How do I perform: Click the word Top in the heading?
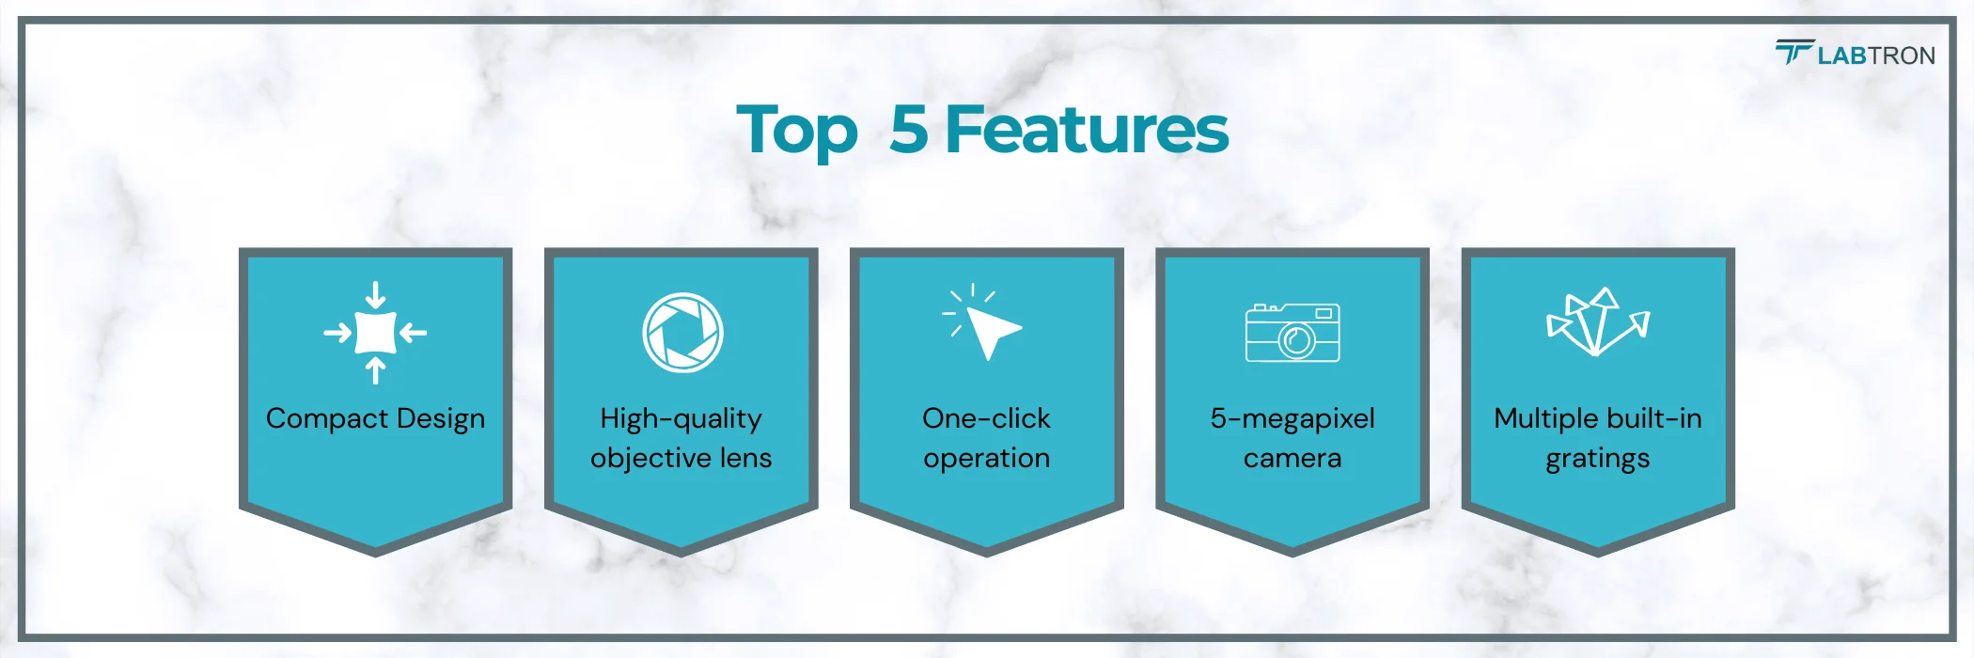(x=797, y=131)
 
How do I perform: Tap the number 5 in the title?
(x=909, y=129)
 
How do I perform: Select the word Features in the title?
(x=1087, y=129)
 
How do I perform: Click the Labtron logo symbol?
(x=1794, y=52)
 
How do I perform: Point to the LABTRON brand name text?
(x=1876, y=55)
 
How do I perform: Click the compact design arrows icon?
(x=375, y=333)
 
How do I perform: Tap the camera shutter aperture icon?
(x=682, y=333)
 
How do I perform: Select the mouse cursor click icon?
(x=982, y=321)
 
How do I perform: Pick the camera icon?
(x=1292, y=333)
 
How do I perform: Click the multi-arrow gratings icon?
(x=1598, y=322)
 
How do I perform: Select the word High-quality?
(x=681, y=419)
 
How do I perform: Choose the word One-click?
(x=986, y=418)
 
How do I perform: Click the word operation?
(x=986, y=459)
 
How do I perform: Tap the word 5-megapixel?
(x=1292, y=419)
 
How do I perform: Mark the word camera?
(x=1292, y=459)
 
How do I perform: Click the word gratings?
(x=1598, y=459)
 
